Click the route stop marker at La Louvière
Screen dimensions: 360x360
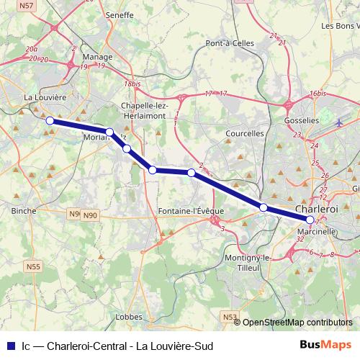point(50,121)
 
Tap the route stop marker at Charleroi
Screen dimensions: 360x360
point(310,220)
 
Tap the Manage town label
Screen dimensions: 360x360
point(97,56)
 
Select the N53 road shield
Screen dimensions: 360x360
point(229,316)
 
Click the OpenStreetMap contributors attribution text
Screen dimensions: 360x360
point(297,322)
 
